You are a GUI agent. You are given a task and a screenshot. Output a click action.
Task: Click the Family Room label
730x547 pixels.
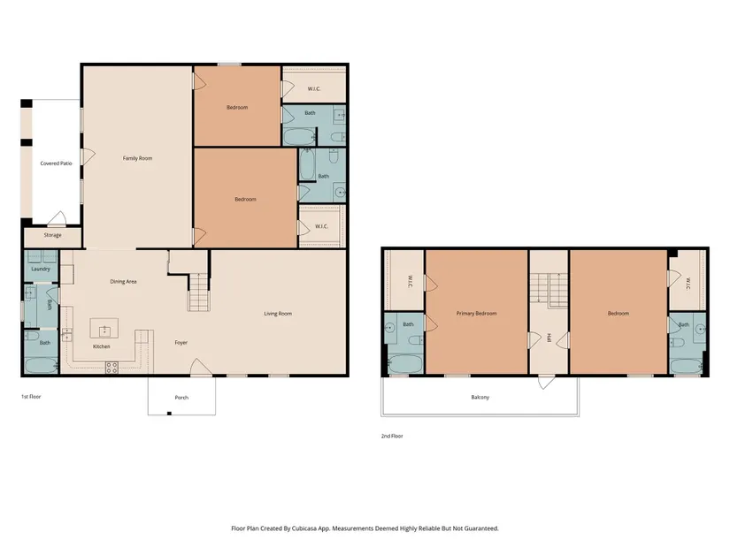(x=137, y=158)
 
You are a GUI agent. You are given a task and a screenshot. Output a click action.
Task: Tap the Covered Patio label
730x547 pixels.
(x=56, y=163)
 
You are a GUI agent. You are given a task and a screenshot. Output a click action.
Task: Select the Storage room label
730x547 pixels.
(x=52, y=235)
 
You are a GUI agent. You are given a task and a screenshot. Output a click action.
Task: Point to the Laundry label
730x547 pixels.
(x=41, y=269)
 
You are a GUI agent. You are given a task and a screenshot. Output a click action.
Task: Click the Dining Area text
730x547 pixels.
(x=123, y=281)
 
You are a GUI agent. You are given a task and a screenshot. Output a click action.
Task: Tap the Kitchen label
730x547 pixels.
(x=102, y=346)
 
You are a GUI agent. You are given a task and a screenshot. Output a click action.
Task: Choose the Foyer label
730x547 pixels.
(x=181, y=343)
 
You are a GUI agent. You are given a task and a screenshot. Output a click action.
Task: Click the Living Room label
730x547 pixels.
(x=278, y=314)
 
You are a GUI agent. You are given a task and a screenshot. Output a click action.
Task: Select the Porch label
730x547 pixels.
(x=181, y=398)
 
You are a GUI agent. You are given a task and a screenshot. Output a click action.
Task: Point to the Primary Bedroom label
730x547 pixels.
(x=476, y=314)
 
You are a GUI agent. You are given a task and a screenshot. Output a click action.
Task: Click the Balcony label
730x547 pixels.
(x=480, y=398)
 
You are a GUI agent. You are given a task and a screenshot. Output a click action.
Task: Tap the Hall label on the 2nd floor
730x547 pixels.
(x=549, y=338)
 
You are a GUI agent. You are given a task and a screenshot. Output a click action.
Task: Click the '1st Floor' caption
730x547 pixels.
(x=31, y=397)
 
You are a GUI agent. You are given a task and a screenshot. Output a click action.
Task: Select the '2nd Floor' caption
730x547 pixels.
(x=392, y=437)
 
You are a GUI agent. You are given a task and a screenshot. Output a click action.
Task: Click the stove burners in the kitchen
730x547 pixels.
(x=111, y=368)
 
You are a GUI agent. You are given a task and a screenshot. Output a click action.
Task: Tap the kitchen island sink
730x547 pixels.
(x=104, y=330)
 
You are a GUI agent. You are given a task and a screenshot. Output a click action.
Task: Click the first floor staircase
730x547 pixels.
(x=199, y=292)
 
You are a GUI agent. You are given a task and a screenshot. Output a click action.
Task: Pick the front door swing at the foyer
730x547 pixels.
(x=201, y=367)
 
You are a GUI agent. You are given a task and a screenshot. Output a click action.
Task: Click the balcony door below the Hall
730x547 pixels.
(x=546, y=382)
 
